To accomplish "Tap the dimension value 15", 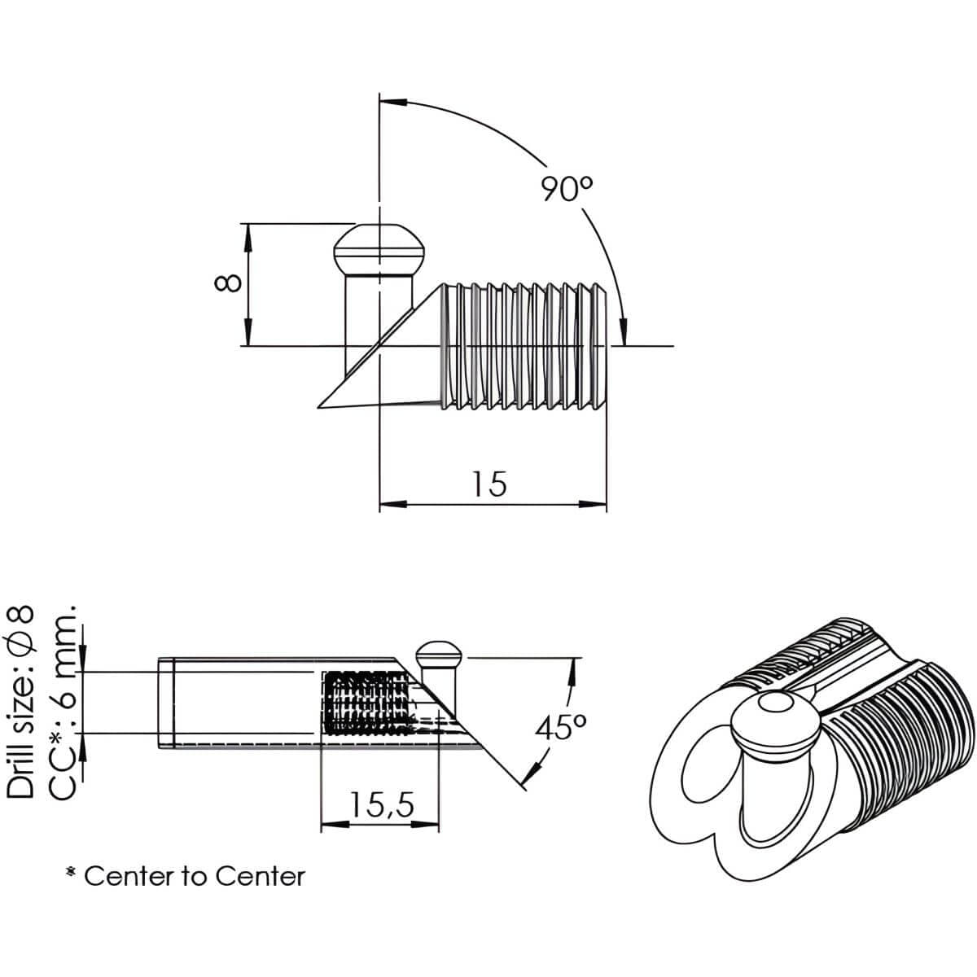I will [489, 484].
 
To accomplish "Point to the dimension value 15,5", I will [382, 805].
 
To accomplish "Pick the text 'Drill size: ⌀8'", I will [21, 702].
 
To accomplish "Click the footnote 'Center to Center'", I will [195, 876].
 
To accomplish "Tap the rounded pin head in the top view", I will [379, 250].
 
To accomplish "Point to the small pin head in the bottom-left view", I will [439, 652].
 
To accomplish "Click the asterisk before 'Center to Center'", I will [72, 874].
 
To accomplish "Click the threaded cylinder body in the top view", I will [525, 346].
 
